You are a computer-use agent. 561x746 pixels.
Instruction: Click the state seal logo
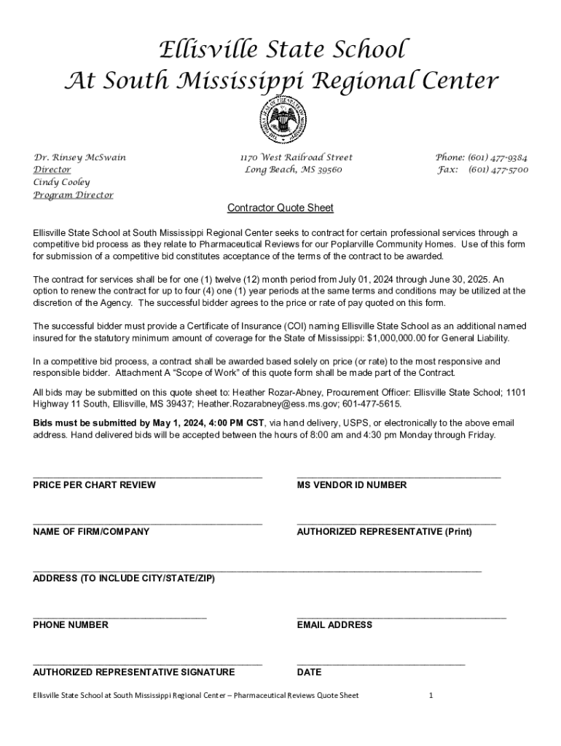tap(282, 120)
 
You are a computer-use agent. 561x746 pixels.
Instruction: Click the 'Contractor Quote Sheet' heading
tap(280, 208)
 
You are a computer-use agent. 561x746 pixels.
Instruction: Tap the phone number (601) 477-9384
tap(498, 157)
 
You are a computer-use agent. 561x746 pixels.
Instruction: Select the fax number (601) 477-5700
tap(498, 170)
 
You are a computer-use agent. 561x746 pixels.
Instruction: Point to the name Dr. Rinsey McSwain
tap(79, 157)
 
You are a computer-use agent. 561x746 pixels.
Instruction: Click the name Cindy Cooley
tap(62, 182)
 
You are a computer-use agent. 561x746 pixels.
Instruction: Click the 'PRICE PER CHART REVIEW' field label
tap(94, 485)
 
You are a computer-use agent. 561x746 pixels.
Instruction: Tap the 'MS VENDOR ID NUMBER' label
tap(352, 485)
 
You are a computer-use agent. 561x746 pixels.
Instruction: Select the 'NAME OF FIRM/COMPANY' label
tap(91, 532)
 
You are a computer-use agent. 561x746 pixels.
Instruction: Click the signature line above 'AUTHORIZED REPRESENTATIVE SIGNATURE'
tap(147, 664)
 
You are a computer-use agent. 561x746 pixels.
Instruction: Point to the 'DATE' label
tap(309, 672)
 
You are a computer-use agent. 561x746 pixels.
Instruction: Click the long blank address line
tap(257, 570)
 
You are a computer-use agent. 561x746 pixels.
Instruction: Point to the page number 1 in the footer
tap(431, 696)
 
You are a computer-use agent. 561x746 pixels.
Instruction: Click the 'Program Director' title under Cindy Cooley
tap(73, 195)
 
